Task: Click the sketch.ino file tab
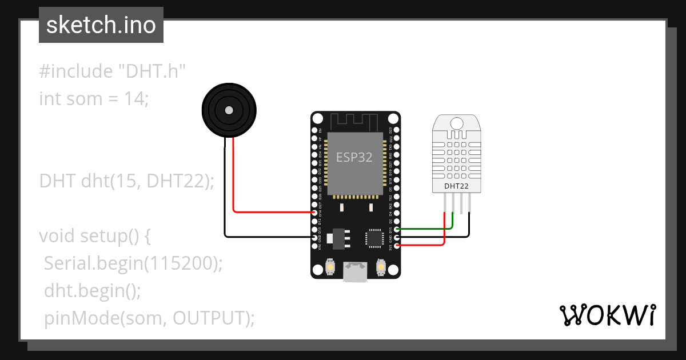[x=101, y=25]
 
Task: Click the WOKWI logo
[x=607, y=315]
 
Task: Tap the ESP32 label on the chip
[x=354, y=157]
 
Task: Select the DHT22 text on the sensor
[x=456, y=186]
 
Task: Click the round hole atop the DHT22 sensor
[x=456, y=123]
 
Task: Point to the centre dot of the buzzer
[x=229, y=110]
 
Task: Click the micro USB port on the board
[x=354, y=271]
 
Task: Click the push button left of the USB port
[x=330, y=266]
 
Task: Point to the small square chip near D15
[x=374, y=238]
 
